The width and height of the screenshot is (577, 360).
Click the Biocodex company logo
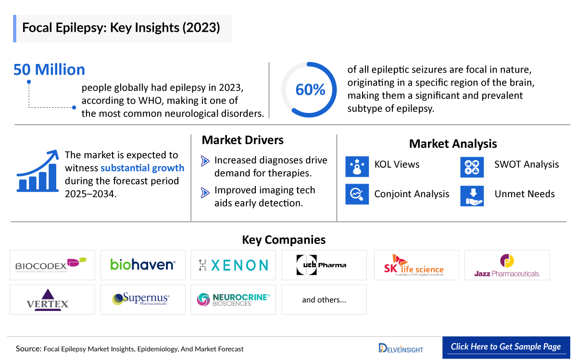52,265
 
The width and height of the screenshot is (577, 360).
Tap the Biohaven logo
143,265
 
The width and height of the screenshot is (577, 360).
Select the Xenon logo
233,265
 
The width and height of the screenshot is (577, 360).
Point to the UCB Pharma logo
324,265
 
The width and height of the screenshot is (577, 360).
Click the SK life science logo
416,265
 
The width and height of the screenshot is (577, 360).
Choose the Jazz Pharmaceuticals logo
507,265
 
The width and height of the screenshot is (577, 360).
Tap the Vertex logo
52,299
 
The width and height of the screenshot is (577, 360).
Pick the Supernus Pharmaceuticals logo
143,299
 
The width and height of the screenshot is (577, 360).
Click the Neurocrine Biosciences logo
233,299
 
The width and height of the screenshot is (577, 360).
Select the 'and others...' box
324,299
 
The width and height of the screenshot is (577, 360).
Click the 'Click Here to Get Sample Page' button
505,347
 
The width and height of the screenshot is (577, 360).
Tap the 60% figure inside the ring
310,90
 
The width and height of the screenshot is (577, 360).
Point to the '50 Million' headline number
49,70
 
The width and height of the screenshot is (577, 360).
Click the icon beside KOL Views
357,165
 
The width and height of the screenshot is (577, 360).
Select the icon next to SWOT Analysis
472,165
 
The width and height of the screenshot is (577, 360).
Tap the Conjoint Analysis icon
357,194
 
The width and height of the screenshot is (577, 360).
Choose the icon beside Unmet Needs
472,195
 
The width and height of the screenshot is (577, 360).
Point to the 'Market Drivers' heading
242,140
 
